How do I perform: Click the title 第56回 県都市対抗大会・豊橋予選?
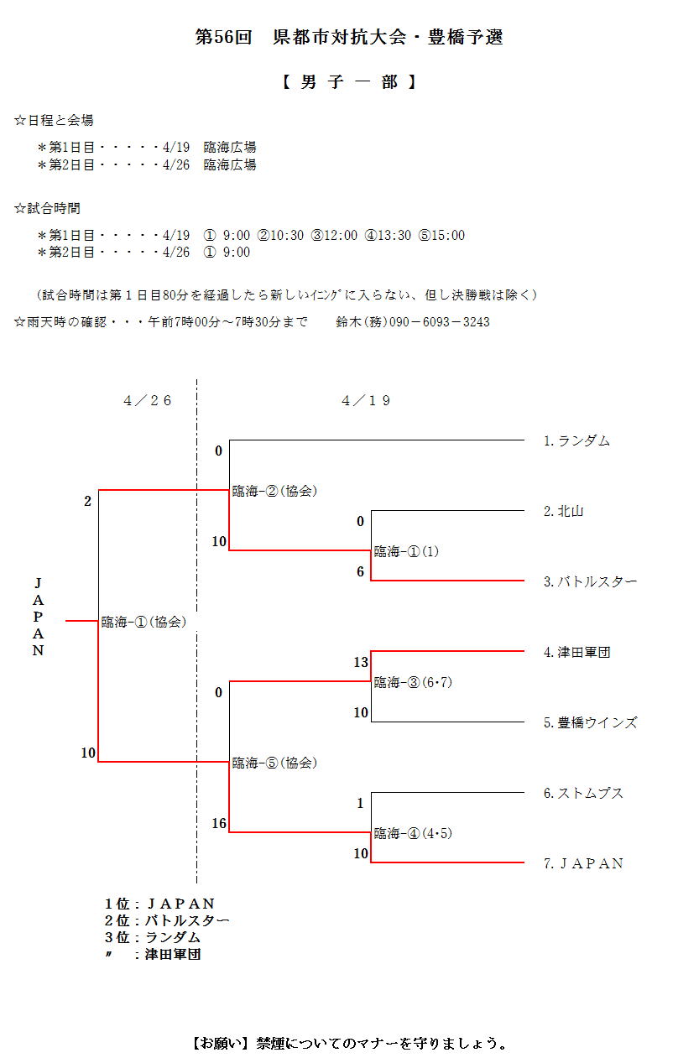point(349,38)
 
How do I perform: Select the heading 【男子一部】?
point(349,82)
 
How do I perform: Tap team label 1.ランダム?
point(576,440)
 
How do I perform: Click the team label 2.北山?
point(563,511)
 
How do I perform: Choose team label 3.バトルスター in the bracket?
point(590,581)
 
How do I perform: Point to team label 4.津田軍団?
point(576,652)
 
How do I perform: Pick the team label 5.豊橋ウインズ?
point(590,722)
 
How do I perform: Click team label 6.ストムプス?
point(583,793)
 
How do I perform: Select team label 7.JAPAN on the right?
point(583,863)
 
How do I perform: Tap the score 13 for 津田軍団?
point(361,663)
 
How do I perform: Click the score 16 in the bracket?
point(219,824)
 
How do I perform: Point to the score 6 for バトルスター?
point(361,572)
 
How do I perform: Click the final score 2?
point(87,502)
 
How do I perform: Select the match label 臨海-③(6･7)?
point(413,682)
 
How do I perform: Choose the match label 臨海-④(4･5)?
point(413,833)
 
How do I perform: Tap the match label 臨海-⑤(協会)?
point(274,763)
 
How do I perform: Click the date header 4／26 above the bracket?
point(148,401)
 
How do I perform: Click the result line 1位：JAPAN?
point(159,904)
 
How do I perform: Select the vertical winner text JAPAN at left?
point(38,617)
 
